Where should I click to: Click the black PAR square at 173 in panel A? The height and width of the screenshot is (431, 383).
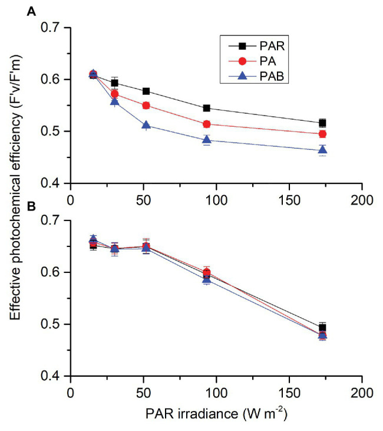pos(322,123)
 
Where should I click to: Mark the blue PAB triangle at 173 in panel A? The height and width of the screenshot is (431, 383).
pos(322,150)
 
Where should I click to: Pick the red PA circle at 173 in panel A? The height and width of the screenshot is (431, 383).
pos(322,134)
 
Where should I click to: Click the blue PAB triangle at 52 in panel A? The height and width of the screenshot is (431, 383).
pos(146,125)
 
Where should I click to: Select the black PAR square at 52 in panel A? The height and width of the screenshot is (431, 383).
pos(146,91)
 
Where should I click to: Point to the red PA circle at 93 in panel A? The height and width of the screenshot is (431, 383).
pos(206,124)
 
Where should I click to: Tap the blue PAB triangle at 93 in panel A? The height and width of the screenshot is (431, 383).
pos(206,140)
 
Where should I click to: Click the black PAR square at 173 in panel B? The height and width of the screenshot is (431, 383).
pos(322,328)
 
